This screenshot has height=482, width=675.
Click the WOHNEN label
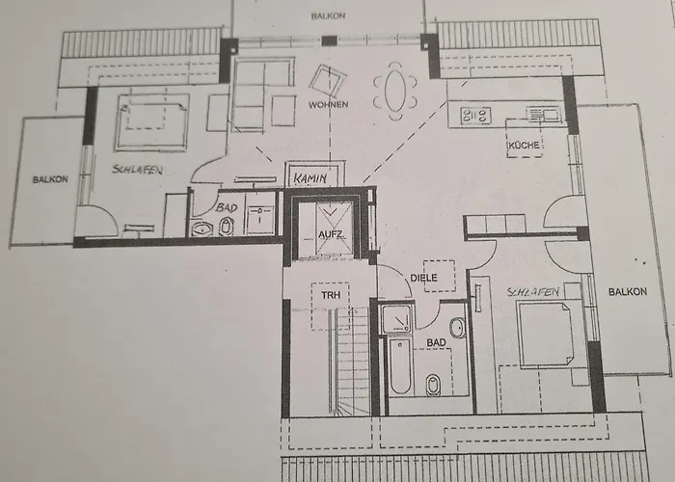(x=328, y=103)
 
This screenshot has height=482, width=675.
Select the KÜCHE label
(x=525, y=145)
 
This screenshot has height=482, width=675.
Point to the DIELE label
(x=423, y=278)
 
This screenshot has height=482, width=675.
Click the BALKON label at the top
(x=328, y=16)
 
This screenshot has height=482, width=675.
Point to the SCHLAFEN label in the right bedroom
(x=526, y=289)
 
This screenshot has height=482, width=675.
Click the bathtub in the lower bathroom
(x=400, y=364)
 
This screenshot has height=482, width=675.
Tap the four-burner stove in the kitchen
(x=475, y=116)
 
